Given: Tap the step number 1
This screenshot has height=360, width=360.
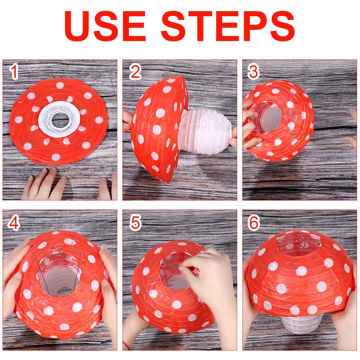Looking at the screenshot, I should pos(14,72).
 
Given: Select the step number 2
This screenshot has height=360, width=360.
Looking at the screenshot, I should pos(135,72).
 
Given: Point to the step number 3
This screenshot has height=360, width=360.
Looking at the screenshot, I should pos(253,72).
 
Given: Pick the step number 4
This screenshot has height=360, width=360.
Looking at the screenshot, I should pos(14,224).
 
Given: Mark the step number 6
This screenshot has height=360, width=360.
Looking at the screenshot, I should pos(254,224).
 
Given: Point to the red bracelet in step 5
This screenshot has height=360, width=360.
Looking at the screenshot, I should pos(126,346).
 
